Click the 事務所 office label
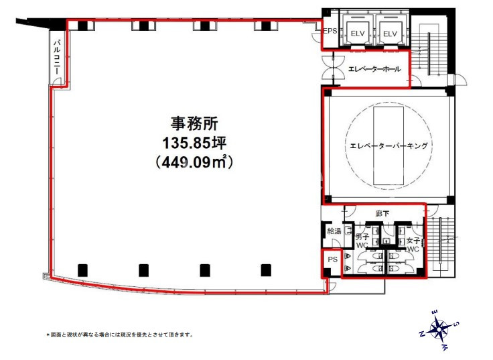tap(194, 123)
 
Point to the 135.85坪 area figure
tap(194, 143)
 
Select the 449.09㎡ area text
tap(194, 163)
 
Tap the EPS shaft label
tap(330, 31)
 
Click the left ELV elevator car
tap(357, 32)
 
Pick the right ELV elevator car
tap(391, 32)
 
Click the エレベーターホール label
tap(374, 69)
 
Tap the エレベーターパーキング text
tap(389, 145)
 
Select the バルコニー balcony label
tap(57, 56)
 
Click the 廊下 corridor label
tap(382, 214)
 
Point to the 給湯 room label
tap(334, 231)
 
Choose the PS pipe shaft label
tap(332, 259)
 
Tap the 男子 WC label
tap(362, 241)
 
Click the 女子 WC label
tap(413, 245)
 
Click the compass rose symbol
tap(438, 329)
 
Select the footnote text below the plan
tap(119, 335)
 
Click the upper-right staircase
tap(429, 51)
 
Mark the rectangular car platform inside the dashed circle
tap(389, 145)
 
